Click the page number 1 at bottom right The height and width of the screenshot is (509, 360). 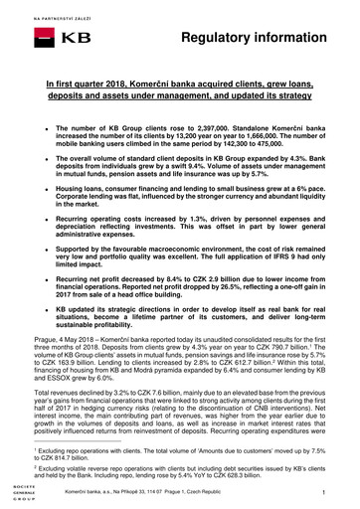(x=338, y=494)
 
